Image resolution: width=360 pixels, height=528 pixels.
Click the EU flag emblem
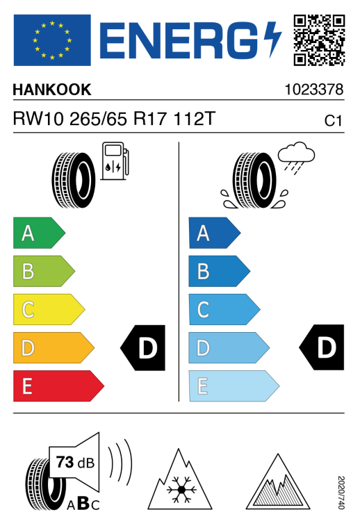pyautogui.click(x=52, y=40)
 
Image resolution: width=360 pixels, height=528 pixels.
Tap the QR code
pyautogui.click(x=319, y=40)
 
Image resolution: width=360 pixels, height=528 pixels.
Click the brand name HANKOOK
pyautogui.click(x=52, y=90)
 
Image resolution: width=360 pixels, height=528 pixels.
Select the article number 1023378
pyautogui.click(x=314, y=90)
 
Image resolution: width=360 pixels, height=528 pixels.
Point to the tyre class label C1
pyautogui.click(x=333, y=121)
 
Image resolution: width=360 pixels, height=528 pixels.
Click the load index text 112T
pyautogui.click(x=195, y=119)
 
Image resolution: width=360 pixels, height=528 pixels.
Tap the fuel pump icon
pyautogui.click(x=115, y=161)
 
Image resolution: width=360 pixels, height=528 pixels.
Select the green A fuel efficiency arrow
pyautogui.click(x=39, y=233)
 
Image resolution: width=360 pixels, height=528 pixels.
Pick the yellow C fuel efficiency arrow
pyautogui.click(x=49, y=309)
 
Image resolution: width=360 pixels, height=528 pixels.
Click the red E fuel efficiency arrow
pyautogui.click(x=58, y=386)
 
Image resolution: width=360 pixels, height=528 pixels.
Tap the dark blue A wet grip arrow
pyautogui.click(x=215, y=233)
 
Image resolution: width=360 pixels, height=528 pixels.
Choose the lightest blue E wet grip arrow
pyautogui.click(x=234, y=386)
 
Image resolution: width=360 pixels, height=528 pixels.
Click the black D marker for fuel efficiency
pyautogui.click(x=143, y=348)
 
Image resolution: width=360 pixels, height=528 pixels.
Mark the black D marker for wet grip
pyautogui.click(x=322, y=347)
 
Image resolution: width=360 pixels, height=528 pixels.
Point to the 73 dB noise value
pyautogui.click(x=75, y=463)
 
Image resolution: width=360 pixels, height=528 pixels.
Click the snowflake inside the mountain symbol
pyautogui.click(x=181, y=489)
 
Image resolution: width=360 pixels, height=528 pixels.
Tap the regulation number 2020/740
pyautogui.click(x=341, y=493)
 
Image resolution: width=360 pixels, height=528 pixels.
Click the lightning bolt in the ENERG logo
pyautogui.click(x=272, y=40)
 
